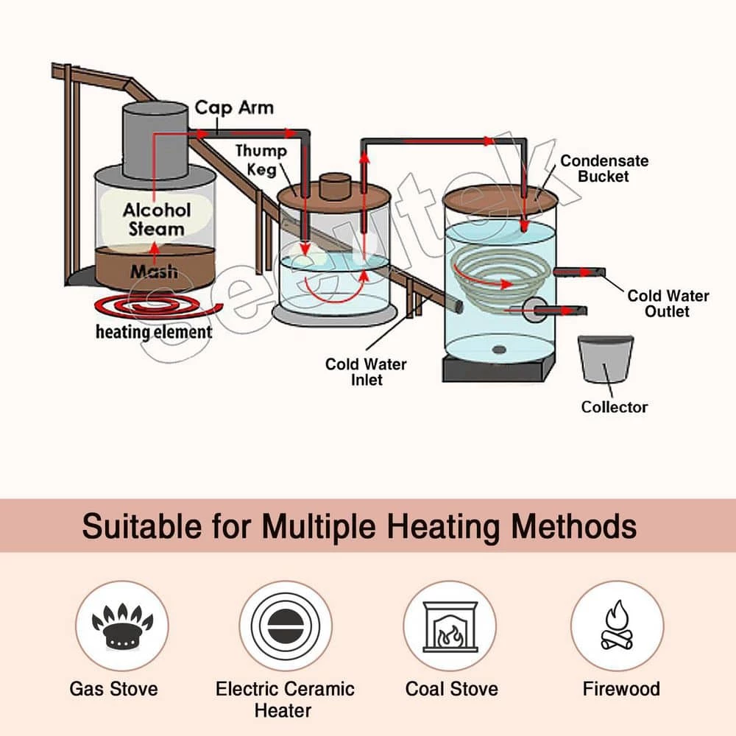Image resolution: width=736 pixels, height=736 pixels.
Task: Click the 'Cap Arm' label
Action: tap(233, 108)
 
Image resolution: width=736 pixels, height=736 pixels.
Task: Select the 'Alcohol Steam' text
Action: tap(156, 219)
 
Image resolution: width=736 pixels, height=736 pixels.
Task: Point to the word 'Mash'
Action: tap(154, 272)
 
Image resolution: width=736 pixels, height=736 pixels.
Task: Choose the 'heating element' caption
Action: tap(154, 332)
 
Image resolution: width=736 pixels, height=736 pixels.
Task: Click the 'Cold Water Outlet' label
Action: tap(668, 303)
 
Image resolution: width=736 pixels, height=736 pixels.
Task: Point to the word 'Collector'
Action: tap(615, 407)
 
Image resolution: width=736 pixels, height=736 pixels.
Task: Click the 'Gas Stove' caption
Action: tap(113, 689)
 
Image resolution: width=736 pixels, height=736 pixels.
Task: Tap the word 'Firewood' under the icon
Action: tap(621, 689)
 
